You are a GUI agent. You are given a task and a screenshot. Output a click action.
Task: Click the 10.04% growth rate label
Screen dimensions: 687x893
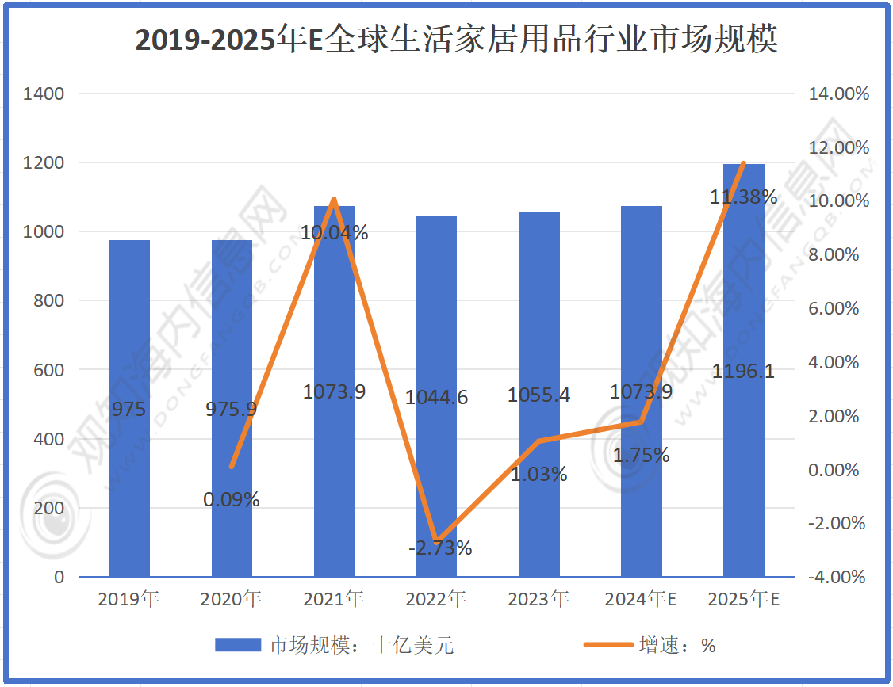[x=334, y=233]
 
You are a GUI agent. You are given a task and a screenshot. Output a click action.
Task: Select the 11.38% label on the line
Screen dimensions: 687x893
[x=743, y=197]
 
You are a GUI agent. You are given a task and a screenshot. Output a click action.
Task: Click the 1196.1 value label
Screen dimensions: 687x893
[x=744, y=372]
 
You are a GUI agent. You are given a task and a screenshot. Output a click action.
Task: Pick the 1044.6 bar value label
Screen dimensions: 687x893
[x=437, y=398]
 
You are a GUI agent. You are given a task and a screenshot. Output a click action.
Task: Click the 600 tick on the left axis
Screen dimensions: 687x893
[x=49, y=370]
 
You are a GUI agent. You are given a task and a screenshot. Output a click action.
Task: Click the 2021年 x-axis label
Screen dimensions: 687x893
[x=334, y=600]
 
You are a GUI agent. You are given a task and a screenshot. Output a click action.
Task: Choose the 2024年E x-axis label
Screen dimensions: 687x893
[x=641, y=600]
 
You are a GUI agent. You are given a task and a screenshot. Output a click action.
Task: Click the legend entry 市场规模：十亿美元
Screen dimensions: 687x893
[x=334, y=646]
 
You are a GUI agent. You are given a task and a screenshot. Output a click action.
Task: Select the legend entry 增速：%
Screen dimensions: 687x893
[x=650, y=646]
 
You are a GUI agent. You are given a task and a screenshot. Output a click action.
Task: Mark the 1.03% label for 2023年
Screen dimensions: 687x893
[x=539, y=475]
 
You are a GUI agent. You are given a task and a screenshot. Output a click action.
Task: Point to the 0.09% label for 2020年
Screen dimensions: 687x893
[x=232, y=500]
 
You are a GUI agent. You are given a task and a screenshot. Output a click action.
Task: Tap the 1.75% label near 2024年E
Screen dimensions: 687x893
[x=642, y=456]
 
